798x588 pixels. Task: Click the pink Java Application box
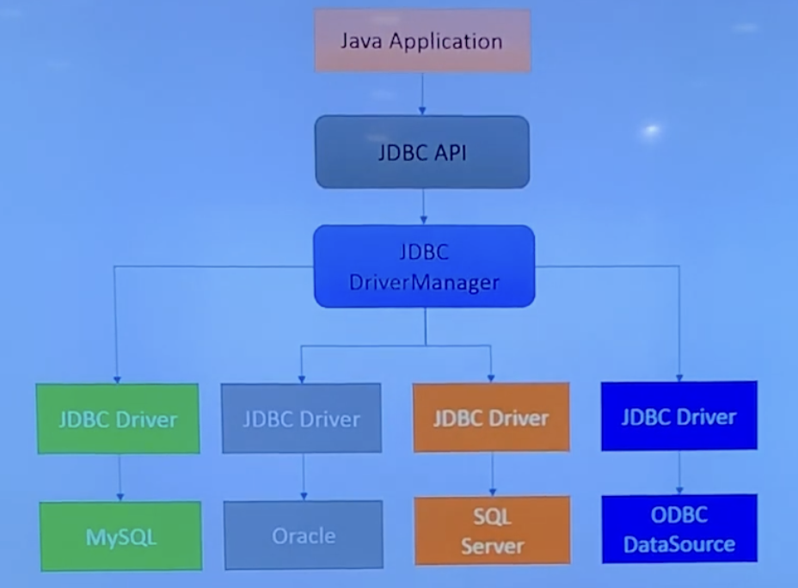[420, 40]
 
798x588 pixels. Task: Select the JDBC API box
[421, 152]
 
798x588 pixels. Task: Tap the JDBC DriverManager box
[424, 266]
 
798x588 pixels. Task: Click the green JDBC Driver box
[118, 419]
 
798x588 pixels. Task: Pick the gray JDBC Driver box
[301, 419]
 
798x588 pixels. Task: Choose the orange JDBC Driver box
[491, 418]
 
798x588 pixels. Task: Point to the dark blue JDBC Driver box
[679, 416]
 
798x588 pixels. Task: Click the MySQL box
[120, 536]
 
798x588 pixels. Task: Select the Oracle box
[303, 536]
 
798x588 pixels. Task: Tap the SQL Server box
[492, 530]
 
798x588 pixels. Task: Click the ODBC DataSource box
[679, 529]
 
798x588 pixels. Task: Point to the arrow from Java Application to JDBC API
[421, 95]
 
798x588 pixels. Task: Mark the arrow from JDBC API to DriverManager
[423, 206]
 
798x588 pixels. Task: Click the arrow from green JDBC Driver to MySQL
[120, 477]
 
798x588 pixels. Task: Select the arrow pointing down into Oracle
[303, 477]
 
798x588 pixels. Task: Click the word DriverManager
[424, 281]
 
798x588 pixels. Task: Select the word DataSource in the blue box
[679, 543]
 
